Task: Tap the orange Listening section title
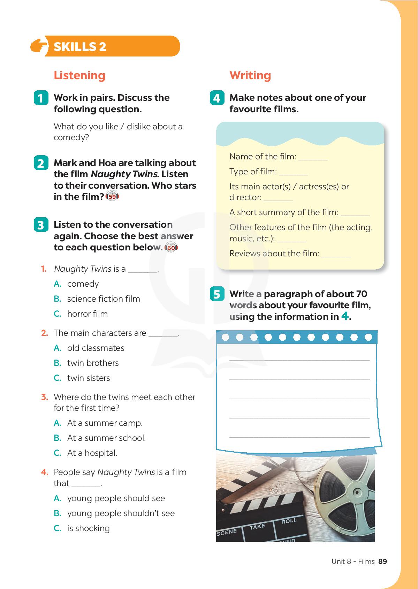[79, 75]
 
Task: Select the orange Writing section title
[250, 75]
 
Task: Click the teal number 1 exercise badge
[41, 98]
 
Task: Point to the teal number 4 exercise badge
[217, 98]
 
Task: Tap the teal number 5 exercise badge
[217, 294]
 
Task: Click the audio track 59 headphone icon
[112, 197]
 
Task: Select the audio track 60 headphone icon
[171, 248]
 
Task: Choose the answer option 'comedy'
[83, 284]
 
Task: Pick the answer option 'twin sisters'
[89, 378]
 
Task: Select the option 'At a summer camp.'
[105, 423]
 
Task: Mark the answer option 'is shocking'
[89, 528]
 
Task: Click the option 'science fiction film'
[104, 299]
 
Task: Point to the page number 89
[382, 561]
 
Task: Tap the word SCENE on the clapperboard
[227, 532]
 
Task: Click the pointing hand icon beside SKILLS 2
[39, 46]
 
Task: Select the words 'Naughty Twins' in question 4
[126, 472]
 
